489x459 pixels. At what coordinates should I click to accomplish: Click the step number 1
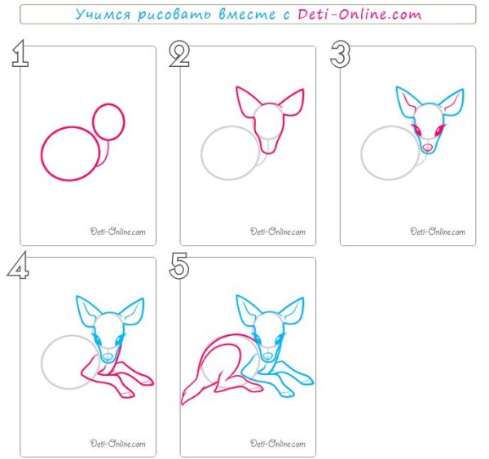[x=20, y=54]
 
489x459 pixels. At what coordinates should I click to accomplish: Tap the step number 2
[x=179, y=54]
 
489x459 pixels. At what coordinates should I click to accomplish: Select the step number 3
[x=340, y=55]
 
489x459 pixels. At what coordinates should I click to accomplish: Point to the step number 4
[x=19, y=265]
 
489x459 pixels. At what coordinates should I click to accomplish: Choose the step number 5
[x=179, y=266]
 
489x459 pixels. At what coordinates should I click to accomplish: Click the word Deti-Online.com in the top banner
[x=359, y=15]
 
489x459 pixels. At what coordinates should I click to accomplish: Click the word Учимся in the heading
[x=103, y=15]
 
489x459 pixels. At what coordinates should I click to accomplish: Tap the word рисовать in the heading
[x=174, y=15]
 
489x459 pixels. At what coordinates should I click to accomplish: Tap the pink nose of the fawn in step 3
[x=427, y=147]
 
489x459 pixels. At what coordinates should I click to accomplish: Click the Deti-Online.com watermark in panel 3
[x=438, y=232]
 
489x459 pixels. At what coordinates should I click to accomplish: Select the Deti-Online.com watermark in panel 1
[x=118, y=232]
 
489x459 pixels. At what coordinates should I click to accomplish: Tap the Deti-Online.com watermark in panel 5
[x=278, y=444]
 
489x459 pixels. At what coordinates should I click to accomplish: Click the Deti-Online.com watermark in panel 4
[x=118, y=444]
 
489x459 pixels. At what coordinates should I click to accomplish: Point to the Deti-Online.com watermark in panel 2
[x=278, y=232]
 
